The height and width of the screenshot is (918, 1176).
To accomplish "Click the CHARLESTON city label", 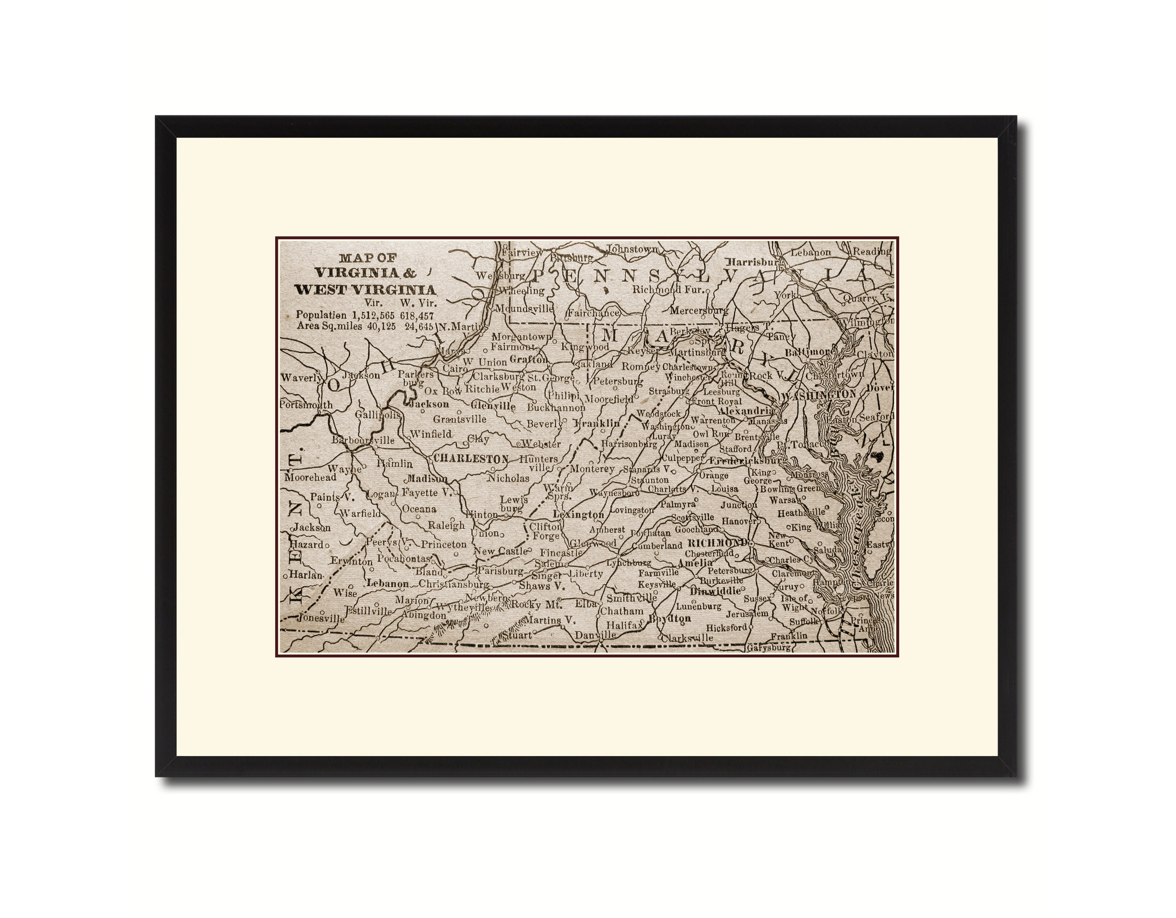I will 471,458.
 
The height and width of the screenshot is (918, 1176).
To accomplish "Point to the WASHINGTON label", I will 819,395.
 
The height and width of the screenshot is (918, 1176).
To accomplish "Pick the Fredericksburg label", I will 746,461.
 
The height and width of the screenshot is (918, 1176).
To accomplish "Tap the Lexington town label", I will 579,514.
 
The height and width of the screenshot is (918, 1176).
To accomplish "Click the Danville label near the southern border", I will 595,635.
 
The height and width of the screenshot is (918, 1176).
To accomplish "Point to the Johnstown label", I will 632,249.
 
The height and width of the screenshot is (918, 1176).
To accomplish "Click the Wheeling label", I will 521,291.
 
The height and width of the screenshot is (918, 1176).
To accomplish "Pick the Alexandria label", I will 746,410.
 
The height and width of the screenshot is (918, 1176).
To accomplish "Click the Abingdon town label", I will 424,615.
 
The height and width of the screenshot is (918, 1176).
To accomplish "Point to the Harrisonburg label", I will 629,444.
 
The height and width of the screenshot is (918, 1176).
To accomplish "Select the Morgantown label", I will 521,336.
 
